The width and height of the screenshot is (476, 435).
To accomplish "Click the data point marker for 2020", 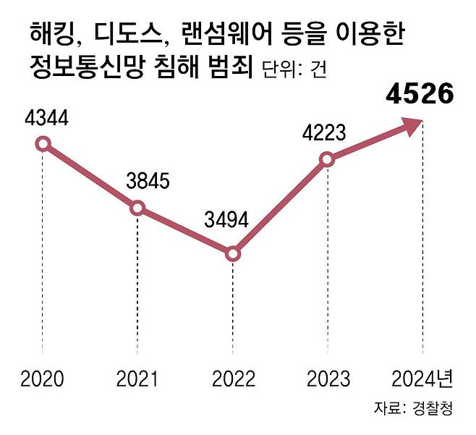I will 43,143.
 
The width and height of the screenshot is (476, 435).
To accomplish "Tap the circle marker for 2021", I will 137,208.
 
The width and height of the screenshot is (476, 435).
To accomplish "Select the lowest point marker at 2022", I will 232,254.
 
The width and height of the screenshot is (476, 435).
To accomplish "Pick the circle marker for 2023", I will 327,159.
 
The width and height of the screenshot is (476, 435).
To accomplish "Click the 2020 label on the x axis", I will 43,379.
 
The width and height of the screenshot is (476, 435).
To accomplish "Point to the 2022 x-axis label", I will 232,379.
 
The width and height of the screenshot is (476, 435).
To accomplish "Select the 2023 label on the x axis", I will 327,379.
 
